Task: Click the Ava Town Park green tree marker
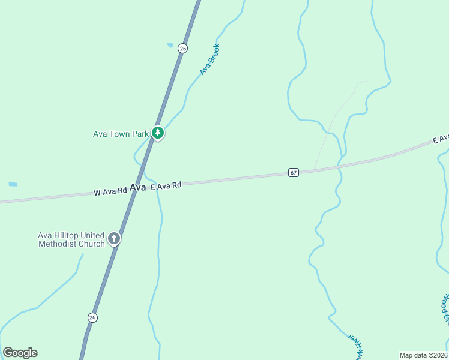[157, 133]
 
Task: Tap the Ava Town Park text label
[121, 134]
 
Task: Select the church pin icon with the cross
[113, 239]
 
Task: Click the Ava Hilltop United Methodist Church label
[71, 239]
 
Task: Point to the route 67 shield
[293, 173]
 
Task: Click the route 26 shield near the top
[182, 48]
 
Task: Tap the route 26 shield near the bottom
[92, 317]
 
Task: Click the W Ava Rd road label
[110, 191]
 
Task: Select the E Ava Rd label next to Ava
[166, 187]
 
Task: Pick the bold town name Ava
[138, 188]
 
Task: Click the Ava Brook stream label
[210, 59]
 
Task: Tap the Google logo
[20, 353]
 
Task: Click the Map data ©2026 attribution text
[424, 355]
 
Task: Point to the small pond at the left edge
[13, 184]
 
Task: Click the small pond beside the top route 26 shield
[170, 44]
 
